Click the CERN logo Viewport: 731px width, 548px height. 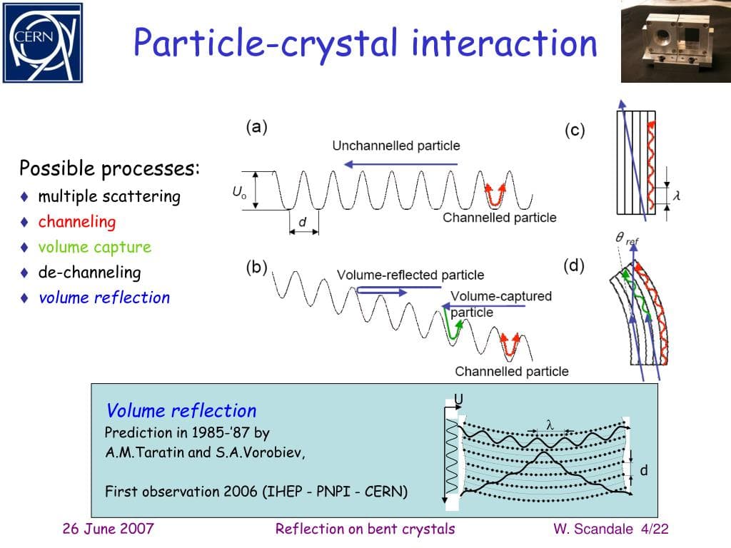pos(43,42)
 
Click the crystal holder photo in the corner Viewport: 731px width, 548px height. pos(676,41)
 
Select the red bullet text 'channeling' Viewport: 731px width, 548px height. pos(76,222)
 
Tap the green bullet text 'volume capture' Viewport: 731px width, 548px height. pos(94,248)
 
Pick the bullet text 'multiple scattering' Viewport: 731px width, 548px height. pos(109,196)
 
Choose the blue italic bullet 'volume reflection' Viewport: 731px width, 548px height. pos(104,298)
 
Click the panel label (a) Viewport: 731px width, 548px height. pos(257,127)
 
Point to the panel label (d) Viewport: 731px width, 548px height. pos(574,266)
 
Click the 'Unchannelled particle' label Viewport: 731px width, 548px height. pos(396,146)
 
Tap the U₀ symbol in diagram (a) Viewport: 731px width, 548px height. pos(239,192)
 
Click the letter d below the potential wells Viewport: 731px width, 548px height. pos(302,222)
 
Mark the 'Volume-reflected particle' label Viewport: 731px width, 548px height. pos(410,275)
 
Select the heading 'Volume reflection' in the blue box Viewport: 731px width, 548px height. pos(181,411)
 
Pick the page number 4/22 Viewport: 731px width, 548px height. pos(655,529)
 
